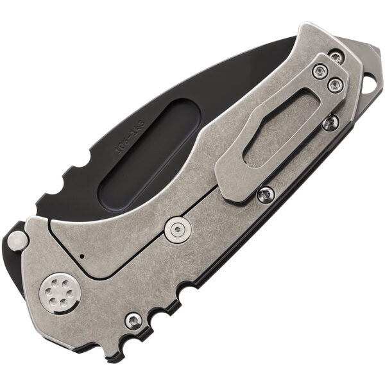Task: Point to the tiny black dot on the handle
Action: click(83, 256)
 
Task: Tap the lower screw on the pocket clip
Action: click(333, 83)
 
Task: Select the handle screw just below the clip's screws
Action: click(329, 121)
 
